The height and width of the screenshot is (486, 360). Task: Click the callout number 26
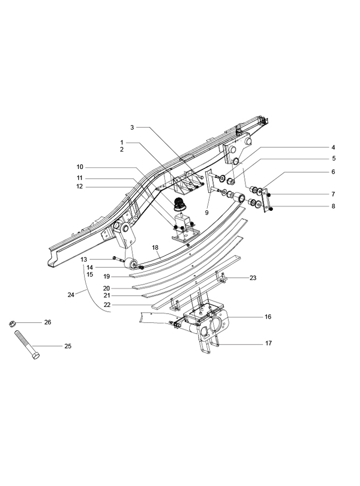point(48,322)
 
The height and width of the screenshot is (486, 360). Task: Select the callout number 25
point(68,346)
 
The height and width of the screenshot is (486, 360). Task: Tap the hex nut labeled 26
point(12,324)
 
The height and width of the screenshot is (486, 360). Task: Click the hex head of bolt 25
point(35,356)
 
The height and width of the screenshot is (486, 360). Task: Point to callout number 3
point(132,127)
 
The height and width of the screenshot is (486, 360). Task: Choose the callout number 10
point(80,167)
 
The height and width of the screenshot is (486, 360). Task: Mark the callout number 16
point(268,317)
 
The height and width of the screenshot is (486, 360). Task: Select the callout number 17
point(269,343)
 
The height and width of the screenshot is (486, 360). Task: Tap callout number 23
point(253,278)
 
